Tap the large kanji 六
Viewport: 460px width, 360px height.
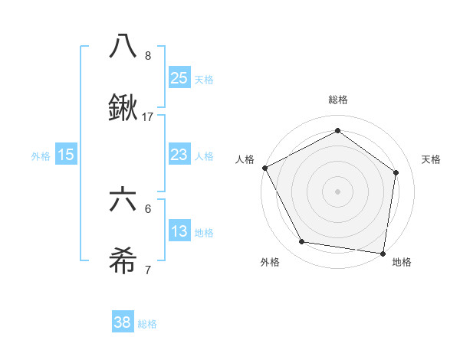[123, 200]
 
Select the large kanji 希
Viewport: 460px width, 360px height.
[123, 263]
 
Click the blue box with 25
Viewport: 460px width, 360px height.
[179, 78]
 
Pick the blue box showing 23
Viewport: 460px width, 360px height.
[179, 155]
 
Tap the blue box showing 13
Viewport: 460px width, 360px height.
[179, 231]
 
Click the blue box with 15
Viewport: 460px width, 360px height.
[66, 155]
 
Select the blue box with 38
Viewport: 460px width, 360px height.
[123, 322]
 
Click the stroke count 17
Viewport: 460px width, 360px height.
[148, 117]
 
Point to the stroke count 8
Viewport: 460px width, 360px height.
[148, 55]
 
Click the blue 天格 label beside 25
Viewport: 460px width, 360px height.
[203, 80]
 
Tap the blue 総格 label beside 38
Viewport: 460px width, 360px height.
[147, 324]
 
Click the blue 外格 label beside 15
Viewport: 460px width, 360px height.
[41, 156]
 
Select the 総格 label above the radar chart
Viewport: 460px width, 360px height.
[338, 100]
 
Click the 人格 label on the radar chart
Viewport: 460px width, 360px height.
[245, 159]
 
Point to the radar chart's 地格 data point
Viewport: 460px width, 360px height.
[383, 253]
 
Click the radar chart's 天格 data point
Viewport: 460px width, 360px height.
[396, 172]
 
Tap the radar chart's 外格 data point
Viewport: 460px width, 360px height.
[302, 242]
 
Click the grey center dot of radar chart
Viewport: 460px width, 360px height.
[338, 191]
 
